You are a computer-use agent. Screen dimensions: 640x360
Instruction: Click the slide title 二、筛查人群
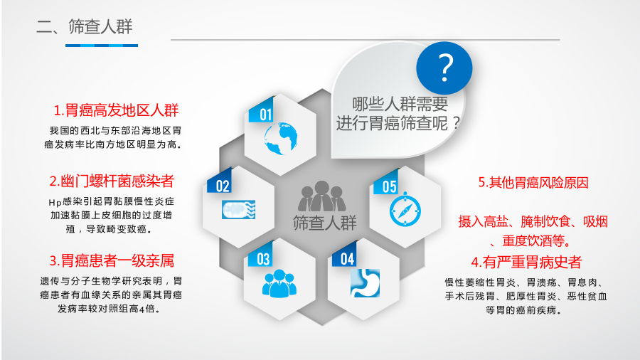pos(85,26)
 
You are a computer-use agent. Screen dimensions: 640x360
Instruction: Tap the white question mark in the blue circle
pos(445,68)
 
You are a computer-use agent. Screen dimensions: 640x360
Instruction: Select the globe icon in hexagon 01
pos(280,139)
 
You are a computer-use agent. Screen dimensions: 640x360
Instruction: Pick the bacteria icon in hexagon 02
pos(239,210)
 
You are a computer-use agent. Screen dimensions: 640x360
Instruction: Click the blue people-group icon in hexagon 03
pos(279,283)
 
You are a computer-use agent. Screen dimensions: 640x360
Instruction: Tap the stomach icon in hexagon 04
pos(365,283)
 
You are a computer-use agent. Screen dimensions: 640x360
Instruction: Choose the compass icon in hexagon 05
pos(405,210)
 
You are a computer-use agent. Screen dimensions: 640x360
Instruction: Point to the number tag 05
pos(386,182)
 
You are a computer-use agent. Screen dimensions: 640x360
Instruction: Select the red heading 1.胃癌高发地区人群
pos(117,110)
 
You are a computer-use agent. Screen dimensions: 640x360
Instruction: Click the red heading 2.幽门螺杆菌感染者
pos(112,181)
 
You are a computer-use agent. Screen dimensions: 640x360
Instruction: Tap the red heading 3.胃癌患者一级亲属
pos(112,261)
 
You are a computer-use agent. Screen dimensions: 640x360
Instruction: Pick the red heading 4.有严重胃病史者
pos(526,262)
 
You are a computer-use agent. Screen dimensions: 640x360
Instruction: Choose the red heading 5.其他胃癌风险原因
pos(533,182)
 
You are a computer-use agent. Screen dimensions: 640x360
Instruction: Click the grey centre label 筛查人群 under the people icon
pos(325,223)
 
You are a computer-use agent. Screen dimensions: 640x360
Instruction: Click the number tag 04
pos(346,255)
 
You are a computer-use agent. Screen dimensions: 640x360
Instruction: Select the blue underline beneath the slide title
pos(102,46)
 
